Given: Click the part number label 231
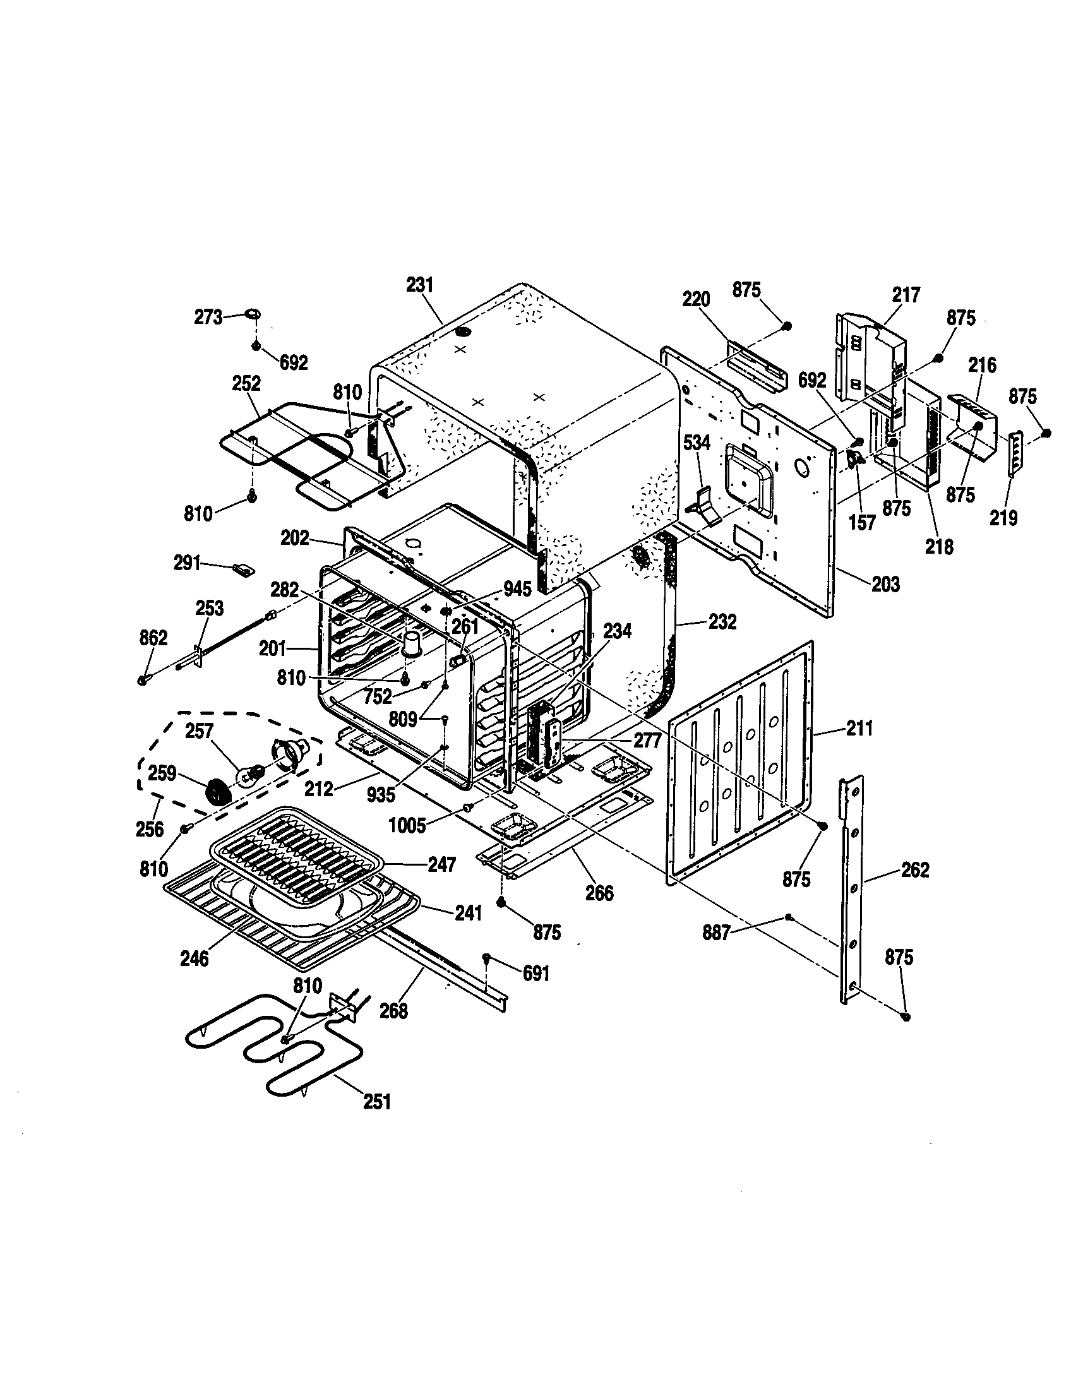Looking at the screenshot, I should tap(420, 285).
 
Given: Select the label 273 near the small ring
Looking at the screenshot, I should tap(208, 317).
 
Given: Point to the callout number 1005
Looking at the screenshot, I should tap(407, 826).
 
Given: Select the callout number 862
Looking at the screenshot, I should tap(153, 638).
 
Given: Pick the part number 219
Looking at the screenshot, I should tap(1003, 518).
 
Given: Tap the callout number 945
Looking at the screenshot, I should tap(517, 589).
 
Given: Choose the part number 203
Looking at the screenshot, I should tap(885, 584).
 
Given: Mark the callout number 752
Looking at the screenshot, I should tap(378, 697).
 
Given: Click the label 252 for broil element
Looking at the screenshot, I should tap(246, 383).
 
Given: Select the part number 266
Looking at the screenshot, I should tap(599, 893).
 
